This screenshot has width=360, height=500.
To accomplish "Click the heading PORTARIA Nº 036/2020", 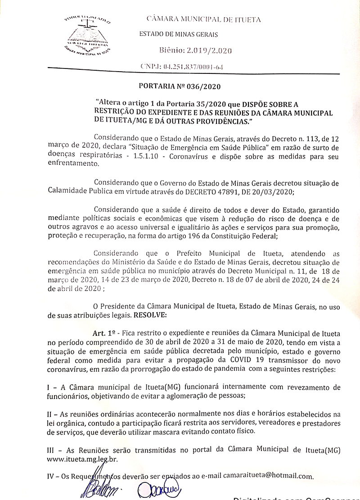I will (x=180, y=86).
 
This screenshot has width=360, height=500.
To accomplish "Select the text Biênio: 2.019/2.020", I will (x=196, y=50).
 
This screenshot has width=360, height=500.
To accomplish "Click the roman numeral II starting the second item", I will (x=50, y=414).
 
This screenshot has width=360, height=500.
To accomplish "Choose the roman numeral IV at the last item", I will (x=51, y=476).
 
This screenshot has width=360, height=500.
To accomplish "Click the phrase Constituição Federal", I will (x=244, y=236).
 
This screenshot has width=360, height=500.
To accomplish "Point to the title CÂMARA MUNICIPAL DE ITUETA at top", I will (x=203, y=19).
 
